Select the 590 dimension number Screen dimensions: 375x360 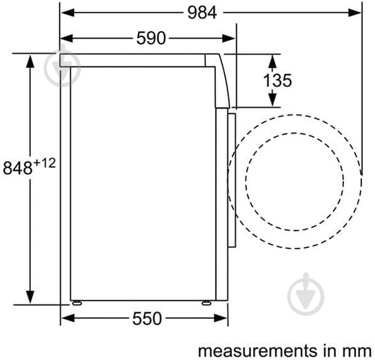151,38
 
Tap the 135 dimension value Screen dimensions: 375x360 278,80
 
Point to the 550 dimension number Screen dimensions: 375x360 147,318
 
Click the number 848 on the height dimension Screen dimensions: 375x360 17,168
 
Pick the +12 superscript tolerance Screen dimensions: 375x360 45,163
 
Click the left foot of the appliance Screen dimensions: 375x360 77,303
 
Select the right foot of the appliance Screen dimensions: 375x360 206,303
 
